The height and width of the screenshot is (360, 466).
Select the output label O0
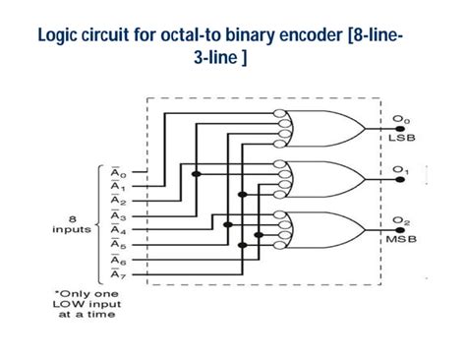(x=400, y=119)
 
